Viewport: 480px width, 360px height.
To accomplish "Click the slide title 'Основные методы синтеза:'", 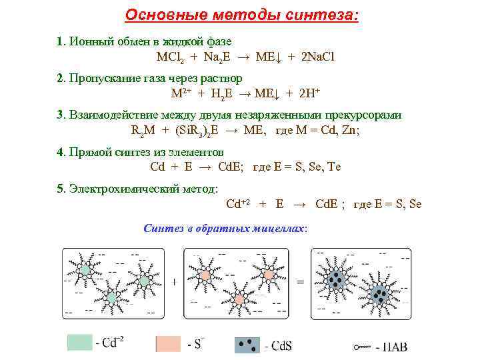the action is (x=241, y=15).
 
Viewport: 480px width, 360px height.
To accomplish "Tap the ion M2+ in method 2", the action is (x=181, y=93).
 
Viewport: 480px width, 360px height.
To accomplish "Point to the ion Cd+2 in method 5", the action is (x=238, y=203).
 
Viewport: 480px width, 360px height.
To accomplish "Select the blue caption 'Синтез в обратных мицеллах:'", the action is (x=225, y=228).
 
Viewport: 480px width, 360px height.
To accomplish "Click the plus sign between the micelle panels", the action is (x=175, y=281).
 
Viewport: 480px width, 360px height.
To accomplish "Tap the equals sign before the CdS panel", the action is (x=300, y=281).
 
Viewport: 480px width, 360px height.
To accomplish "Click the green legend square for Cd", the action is (x=80, y=343).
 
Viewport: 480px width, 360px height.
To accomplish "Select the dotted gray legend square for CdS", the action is (x=247, y=344).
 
